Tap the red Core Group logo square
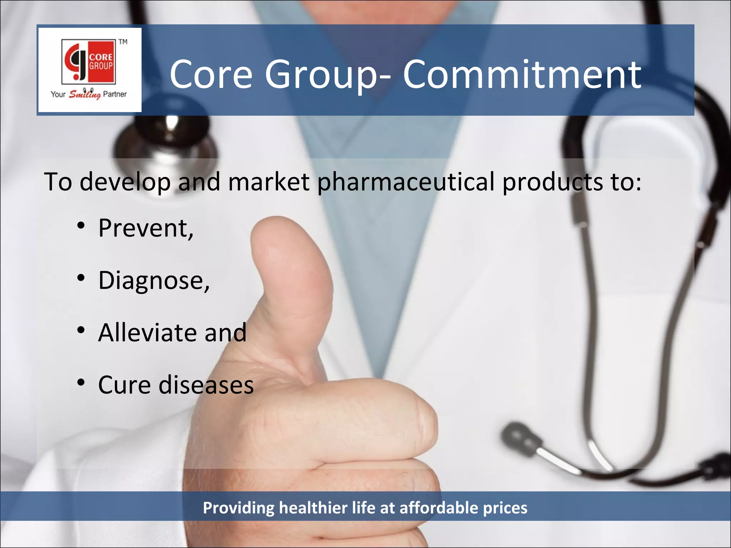(89, 61)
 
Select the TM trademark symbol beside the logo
(123, 42)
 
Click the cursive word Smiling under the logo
(85, 95)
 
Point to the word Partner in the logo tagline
(115, 94)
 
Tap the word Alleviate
(147, 333)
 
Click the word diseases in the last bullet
(206, 385)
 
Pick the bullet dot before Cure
(81, 382)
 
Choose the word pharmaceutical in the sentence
(405, 182)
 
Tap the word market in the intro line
(268, 182)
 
